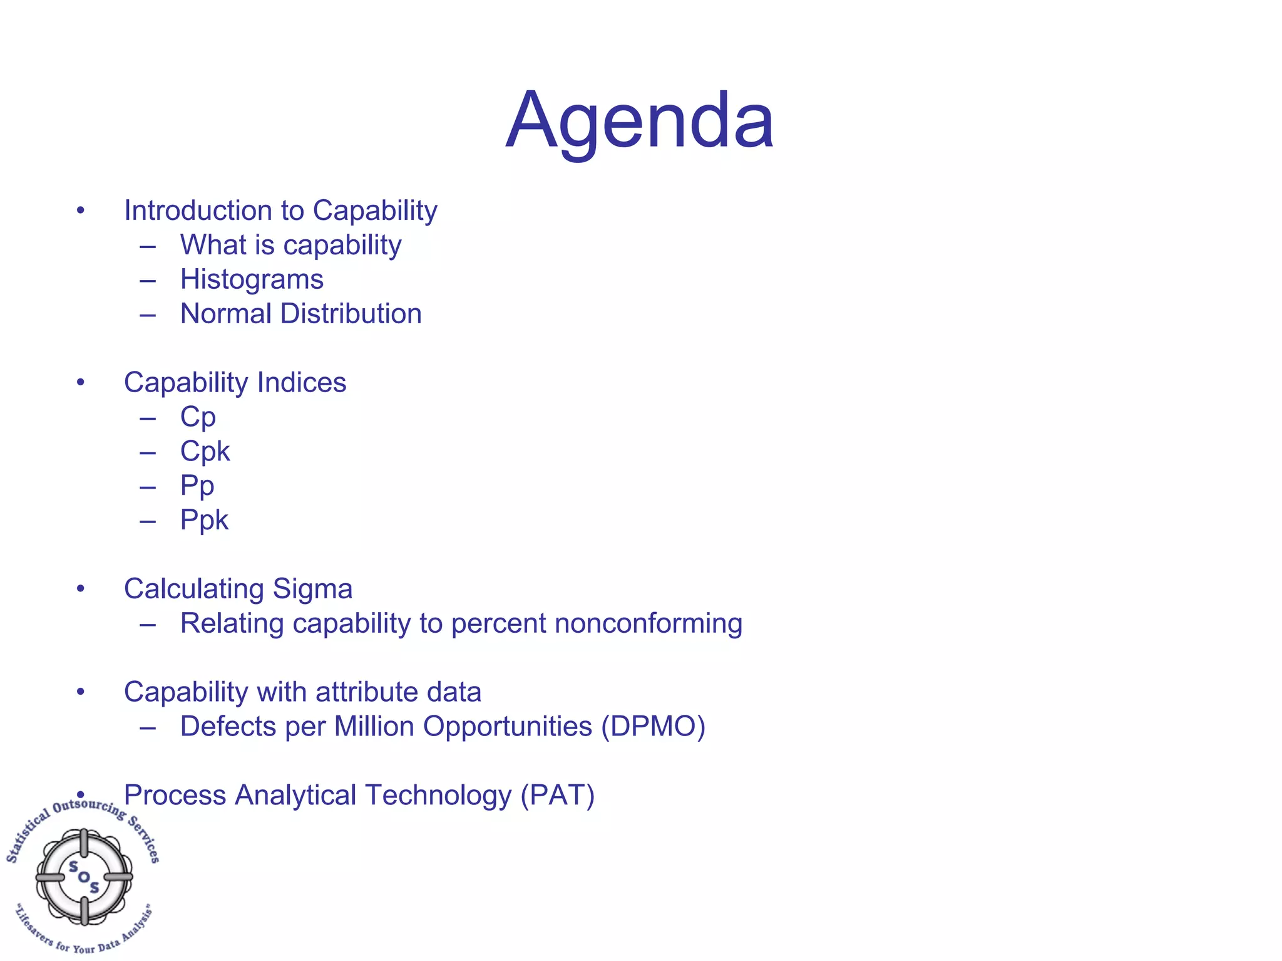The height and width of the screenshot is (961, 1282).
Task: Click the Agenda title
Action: pos(640,120)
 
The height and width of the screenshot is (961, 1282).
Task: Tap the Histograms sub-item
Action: pos(252,279)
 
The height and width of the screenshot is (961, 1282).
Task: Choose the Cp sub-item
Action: pos(198,418)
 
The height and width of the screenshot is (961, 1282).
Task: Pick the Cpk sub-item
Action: pos(205,452)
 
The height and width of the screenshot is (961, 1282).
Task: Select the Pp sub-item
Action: pos(197,486)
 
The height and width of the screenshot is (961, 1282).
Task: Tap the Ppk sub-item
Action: pos(204,521)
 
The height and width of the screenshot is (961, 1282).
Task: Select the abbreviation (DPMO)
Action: pos(653,727)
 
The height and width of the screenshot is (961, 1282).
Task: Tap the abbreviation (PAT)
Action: pos(557,796)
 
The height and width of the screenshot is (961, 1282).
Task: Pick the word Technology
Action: pos(438,796)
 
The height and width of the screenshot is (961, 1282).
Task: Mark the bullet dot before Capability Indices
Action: pos(80,382)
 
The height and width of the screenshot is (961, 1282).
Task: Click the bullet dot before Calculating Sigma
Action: pos(80,589)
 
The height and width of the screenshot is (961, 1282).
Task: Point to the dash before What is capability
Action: pos(148,246)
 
